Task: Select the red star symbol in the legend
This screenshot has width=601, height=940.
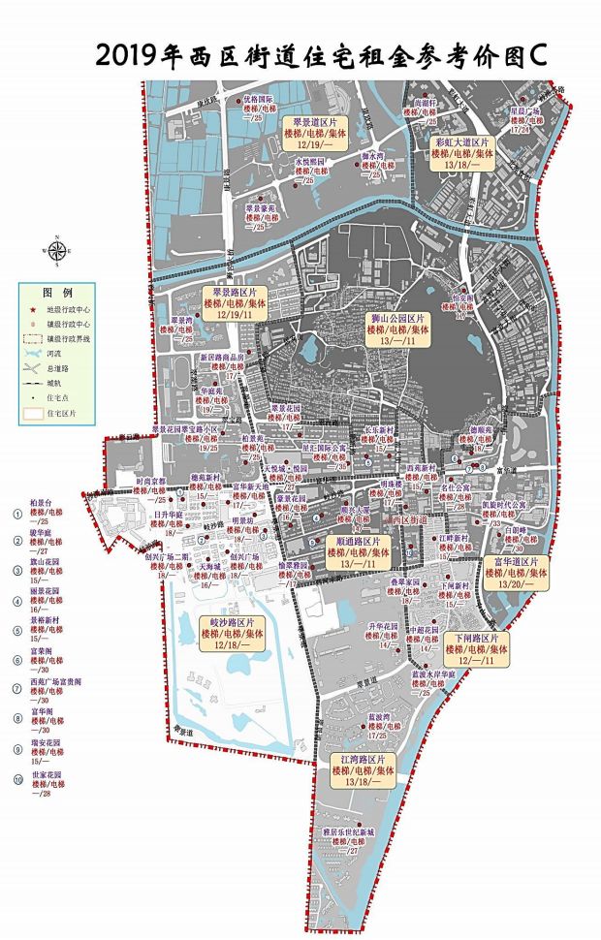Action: (x=35, y=307)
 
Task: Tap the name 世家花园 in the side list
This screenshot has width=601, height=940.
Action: (x=47, y=776)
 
